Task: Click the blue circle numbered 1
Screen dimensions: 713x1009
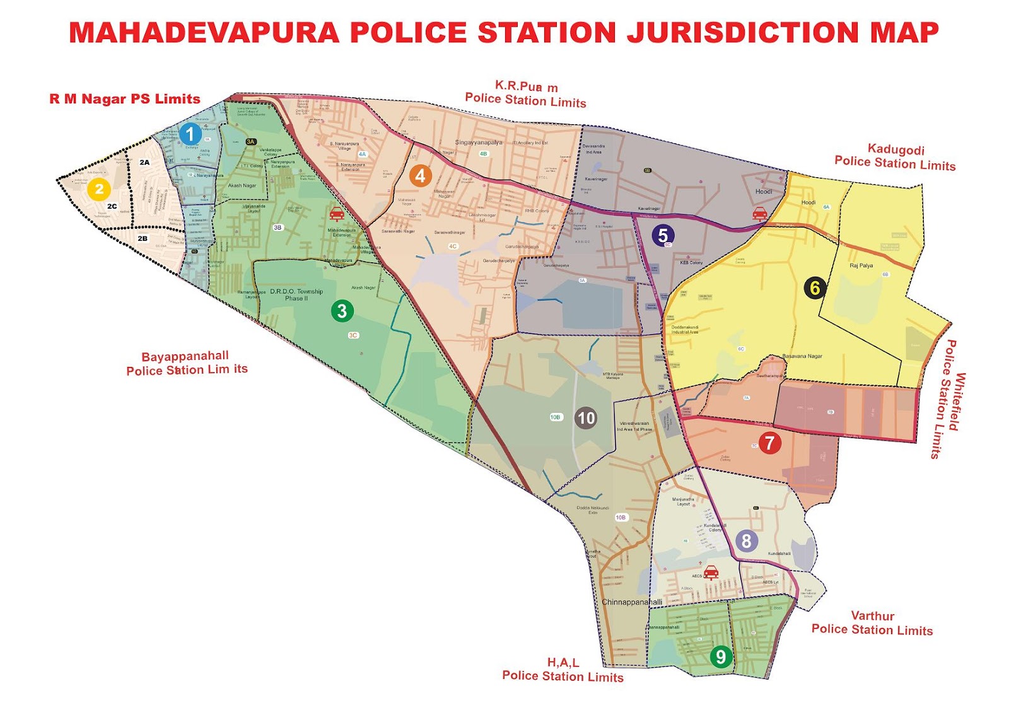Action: coord(190,134)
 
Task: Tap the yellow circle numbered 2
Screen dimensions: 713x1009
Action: coord(99,189)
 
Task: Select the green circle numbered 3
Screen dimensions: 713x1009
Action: coord(342,311)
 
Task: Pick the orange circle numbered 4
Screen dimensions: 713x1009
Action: coord(420,176)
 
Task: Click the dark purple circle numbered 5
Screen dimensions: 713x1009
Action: coord(663,235)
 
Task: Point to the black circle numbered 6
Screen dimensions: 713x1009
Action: coord(815,288)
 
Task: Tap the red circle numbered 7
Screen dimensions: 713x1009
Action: coord(769,443)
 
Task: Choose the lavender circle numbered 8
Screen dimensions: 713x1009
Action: coord(746,540)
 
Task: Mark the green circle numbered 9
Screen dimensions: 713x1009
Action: coord(720,657)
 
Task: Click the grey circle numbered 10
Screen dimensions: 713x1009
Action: coord(586,418)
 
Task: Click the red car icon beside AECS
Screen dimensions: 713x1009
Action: coord(711,572)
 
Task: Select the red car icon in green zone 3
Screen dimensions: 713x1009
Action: coord(337,214)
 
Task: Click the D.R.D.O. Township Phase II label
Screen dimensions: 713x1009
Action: coord(296,294)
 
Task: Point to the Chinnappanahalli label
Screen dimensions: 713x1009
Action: coord(632,602)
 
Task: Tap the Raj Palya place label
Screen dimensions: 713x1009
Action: coord(861,265)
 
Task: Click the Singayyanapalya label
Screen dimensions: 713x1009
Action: coord(479,142)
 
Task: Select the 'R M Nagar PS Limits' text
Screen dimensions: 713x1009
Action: coord(125,99)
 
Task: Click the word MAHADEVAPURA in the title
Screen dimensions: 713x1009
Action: coord(204,33)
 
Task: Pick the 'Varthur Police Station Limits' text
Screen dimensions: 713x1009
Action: coord(872,623)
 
